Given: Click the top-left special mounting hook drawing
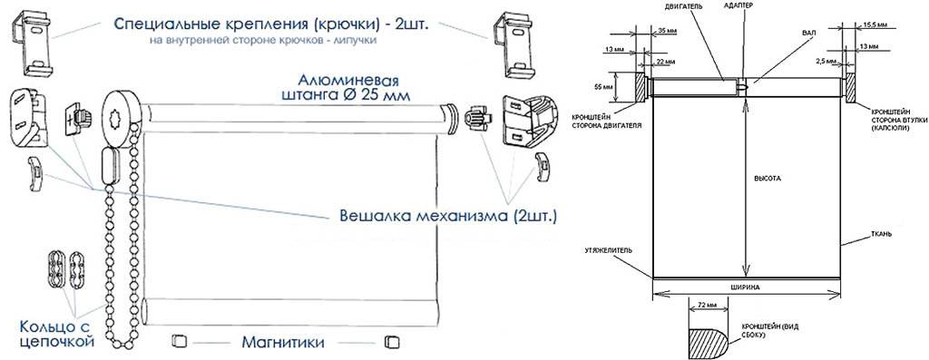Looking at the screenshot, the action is tap(32, 45).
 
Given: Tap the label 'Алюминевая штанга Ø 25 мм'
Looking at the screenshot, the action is tap(347, 87).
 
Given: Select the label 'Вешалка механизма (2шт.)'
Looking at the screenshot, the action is tap(448, 216).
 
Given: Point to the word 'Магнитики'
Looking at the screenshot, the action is tap(283, 342).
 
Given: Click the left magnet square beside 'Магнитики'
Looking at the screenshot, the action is tap(179, 342).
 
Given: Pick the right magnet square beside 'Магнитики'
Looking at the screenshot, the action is tap(392, 342).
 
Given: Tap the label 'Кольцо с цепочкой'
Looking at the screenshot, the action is tap(57, 334).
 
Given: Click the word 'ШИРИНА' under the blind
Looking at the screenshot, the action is tap(748, 287).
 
